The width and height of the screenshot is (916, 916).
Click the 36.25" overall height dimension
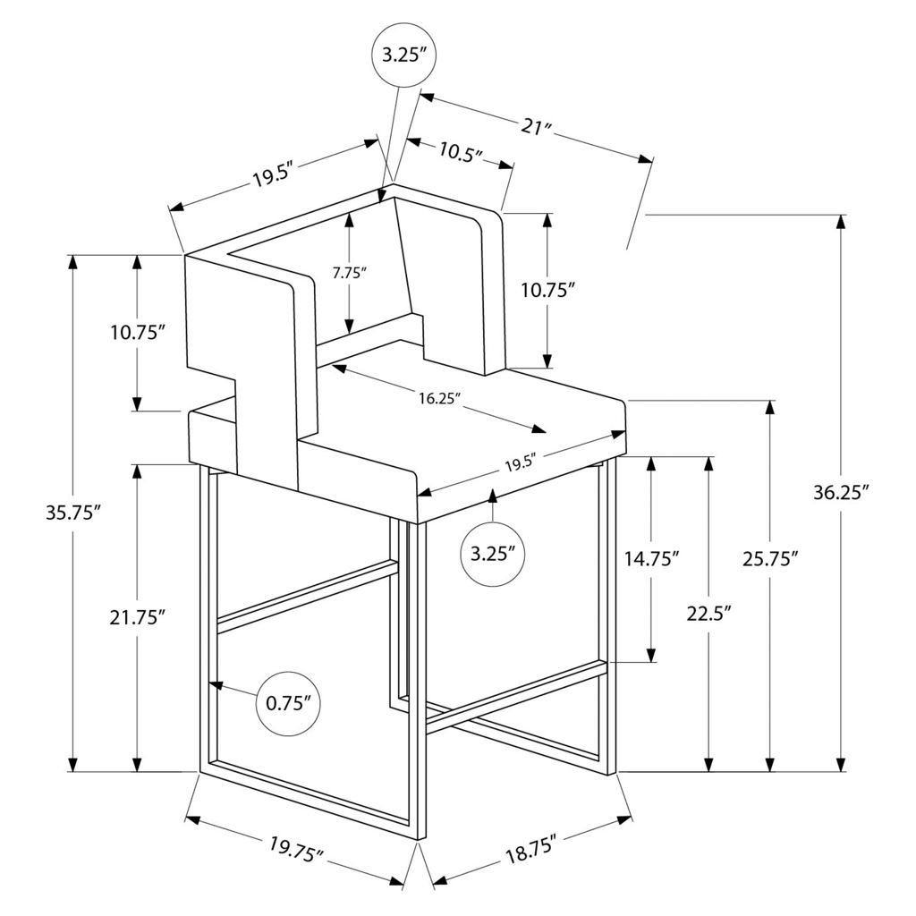[841, 493]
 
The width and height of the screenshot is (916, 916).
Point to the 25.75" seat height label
[769, 559]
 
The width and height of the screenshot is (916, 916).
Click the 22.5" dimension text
[708, 614]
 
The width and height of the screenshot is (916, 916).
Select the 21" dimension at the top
[536, 127]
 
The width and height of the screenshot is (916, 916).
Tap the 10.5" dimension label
[461, 151]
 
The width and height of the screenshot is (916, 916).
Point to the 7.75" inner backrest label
[350, 274]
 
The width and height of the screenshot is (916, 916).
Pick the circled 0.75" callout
[288, 702]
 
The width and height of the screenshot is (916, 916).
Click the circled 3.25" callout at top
[403, 54]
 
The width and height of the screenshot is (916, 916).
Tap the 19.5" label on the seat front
[520, 463]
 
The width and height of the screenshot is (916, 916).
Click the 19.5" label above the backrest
[273, 175]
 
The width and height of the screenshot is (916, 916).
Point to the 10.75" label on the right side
[546, 290]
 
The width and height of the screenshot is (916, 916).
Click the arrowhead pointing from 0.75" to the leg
[216, 685]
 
